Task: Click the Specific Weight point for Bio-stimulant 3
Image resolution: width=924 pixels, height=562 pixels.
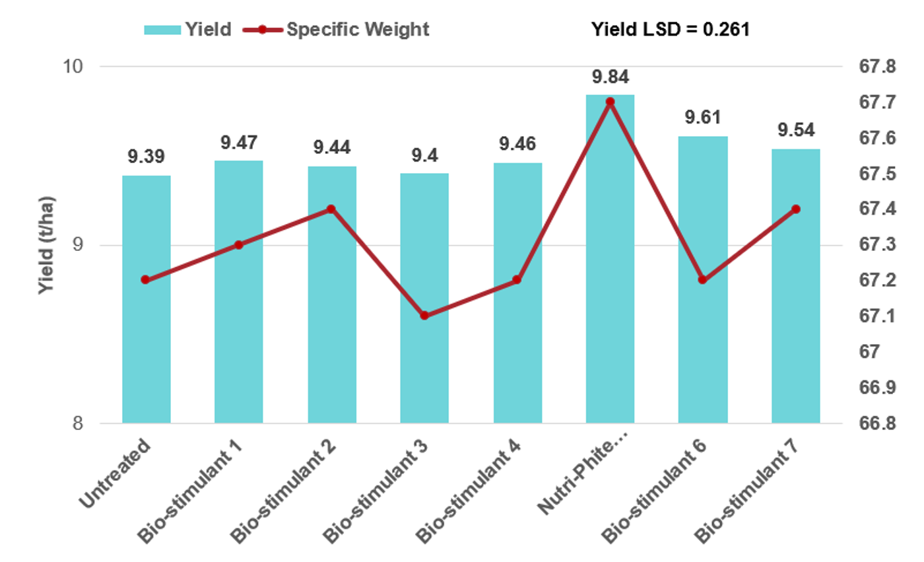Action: [x=424, y=316]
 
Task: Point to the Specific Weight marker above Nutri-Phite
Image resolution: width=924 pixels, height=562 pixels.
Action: [x=610, y=102]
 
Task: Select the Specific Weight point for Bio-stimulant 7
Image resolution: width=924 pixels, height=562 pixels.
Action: [x=795, y=209]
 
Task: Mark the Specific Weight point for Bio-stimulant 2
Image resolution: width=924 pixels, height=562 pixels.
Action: [x=331, y=209]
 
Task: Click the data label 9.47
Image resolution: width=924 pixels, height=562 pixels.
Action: [x=239, y=142]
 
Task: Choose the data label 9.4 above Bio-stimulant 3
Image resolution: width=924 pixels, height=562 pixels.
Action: [x=424, y=155]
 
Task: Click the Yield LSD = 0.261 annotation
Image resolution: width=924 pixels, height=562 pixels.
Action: [x=670, y=30]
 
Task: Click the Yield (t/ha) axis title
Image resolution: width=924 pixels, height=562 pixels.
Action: [x=46, y=245]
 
